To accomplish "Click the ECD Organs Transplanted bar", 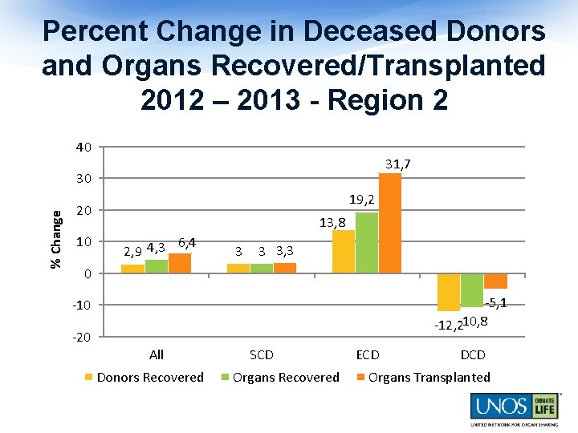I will (x=390, y=223).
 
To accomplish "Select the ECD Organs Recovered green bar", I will (x=367, y=243).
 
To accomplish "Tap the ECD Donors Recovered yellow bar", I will (x=344, y=252).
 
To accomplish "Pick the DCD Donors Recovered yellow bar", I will (x=449, y=293).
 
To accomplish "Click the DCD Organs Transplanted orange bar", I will (x=495, y=281).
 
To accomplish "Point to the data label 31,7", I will (x=398, y=164).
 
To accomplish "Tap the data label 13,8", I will (x=332, y=222).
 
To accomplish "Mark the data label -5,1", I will (x=495, y=303).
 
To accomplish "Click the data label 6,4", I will (x=187, y=243).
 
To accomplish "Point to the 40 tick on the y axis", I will (x=83, y=147).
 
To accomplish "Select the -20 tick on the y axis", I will (x=82, y=337).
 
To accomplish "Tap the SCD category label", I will (x=262, y=354).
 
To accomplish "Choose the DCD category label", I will (x=472, y=354).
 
